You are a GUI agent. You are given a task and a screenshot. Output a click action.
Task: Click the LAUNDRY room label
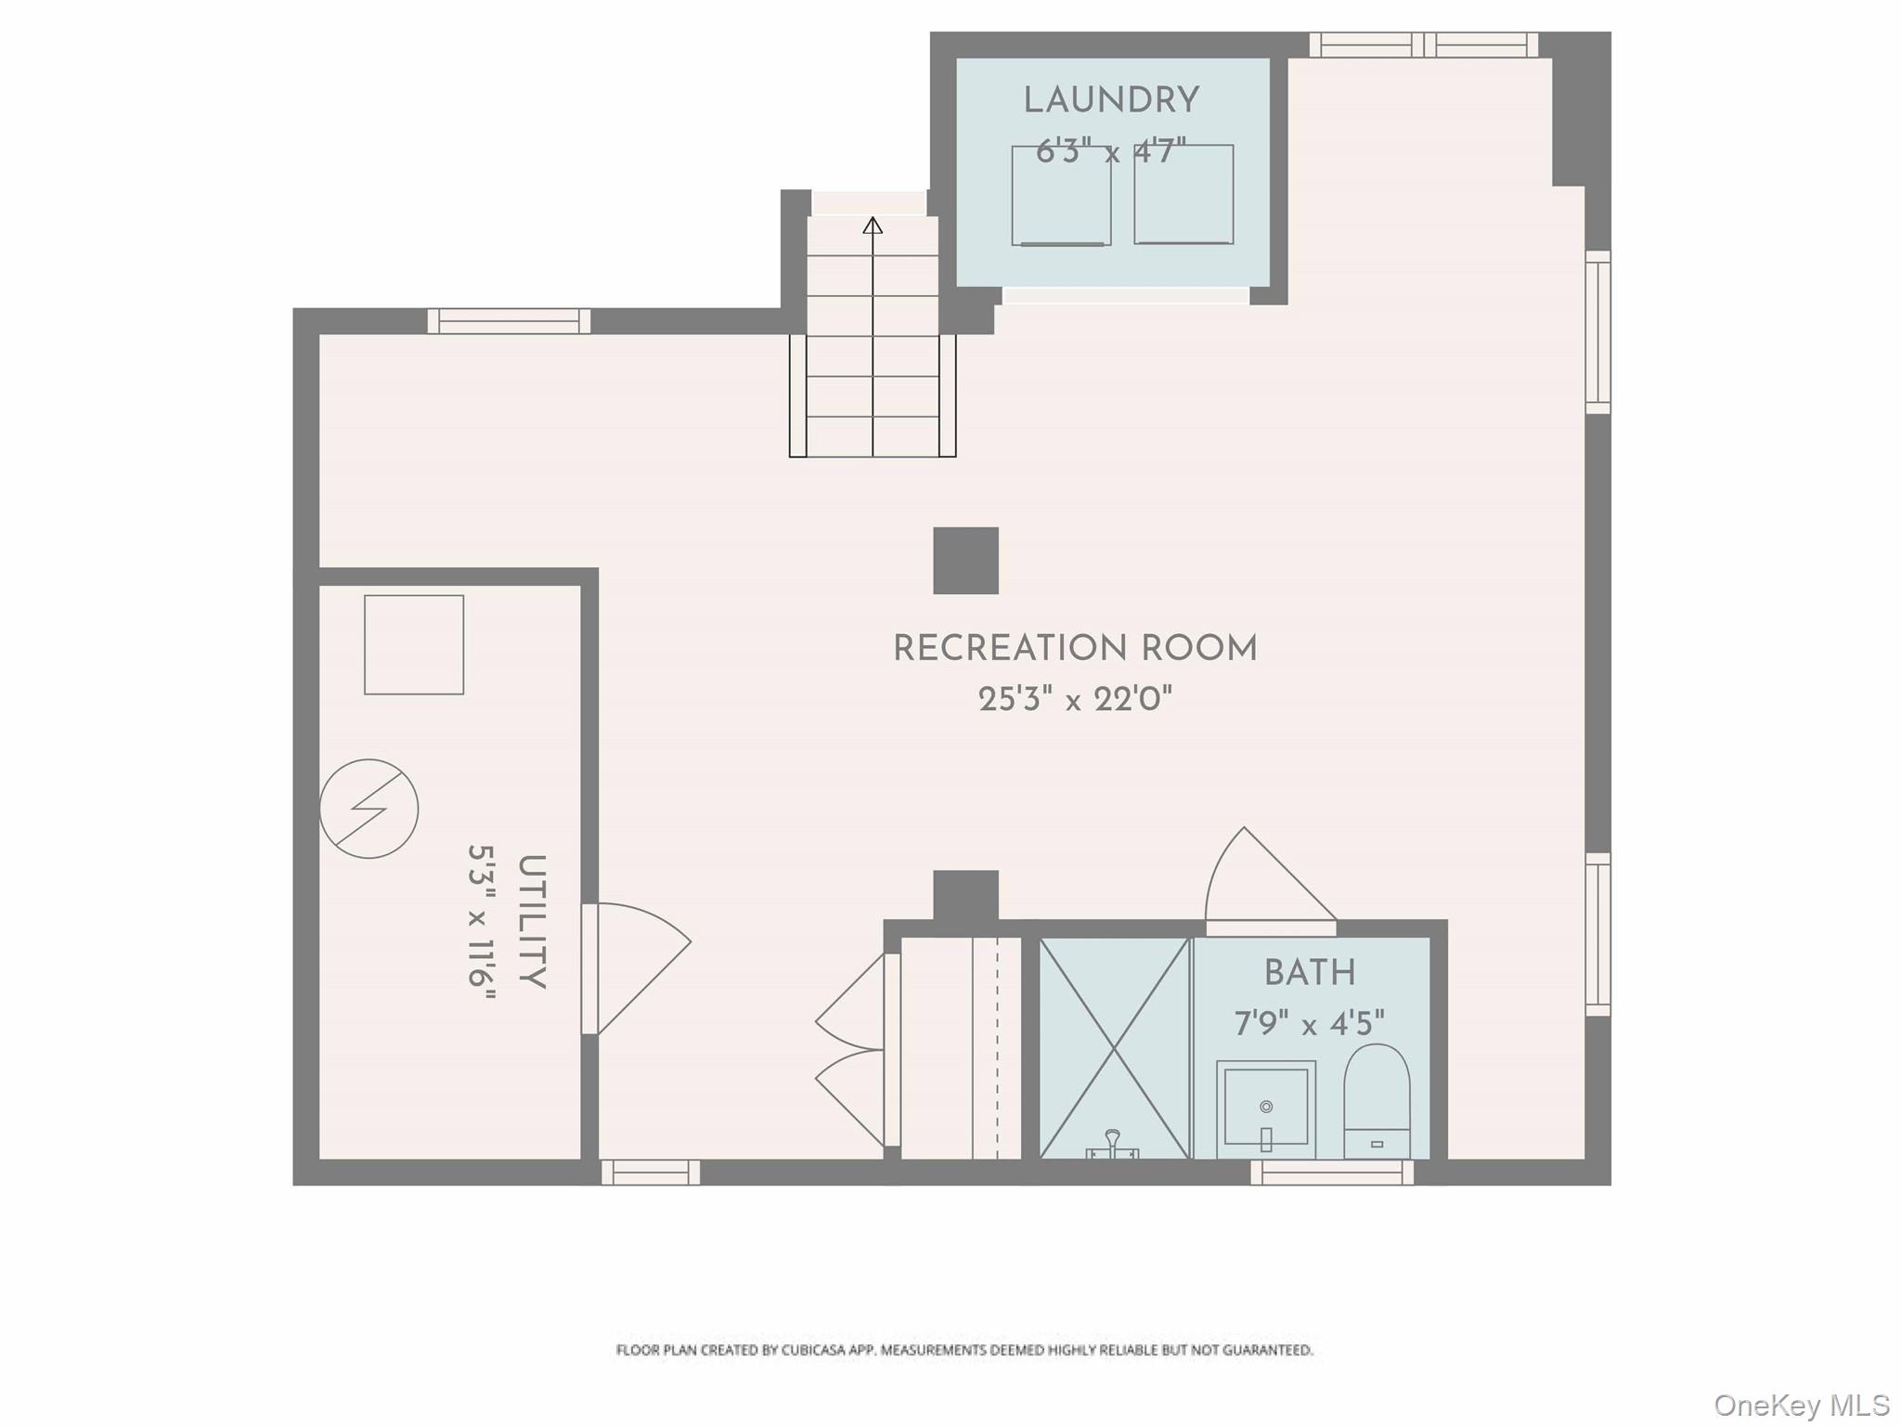pos(1111,101)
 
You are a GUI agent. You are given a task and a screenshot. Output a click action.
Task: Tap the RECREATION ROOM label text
pos(1075,649)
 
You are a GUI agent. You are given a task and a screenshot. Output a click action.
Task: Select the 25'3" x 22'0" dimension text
pos(1075,700)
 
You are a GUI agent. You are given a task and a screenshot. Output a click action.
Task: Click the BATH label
pos(1310,973)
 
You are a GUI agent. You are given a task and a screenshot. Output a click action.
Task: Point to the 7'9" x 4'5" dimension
pos(1309,1024)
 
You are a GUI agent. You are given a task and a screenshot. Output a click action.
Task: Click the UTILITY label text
pos(531,921)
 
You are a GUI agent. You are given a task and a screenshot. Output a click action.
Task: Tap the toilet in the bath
pos(1377,1101)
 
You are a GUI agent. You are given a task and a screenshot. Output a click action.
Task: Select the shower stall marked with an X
pos(1114,1047)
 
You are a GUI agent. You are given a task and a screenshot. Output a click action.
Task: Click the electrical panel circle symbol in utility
pos(369,809)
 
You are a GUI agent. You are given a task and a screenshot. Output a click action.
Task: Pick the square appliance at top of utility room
pos(414,644)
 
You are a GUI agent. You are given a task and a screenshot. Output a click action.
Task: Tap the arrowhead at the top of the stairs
pos(873,226)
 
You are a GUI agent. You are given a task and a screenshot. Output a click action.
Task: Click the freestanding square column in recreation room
pos(965,561)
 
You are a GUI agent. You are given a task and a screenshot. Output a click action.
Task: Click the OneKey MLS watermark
pos(1801,1406)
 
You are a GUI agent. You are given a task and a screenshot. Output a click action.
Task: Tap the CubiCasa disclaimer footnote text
pos(963,1350)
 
